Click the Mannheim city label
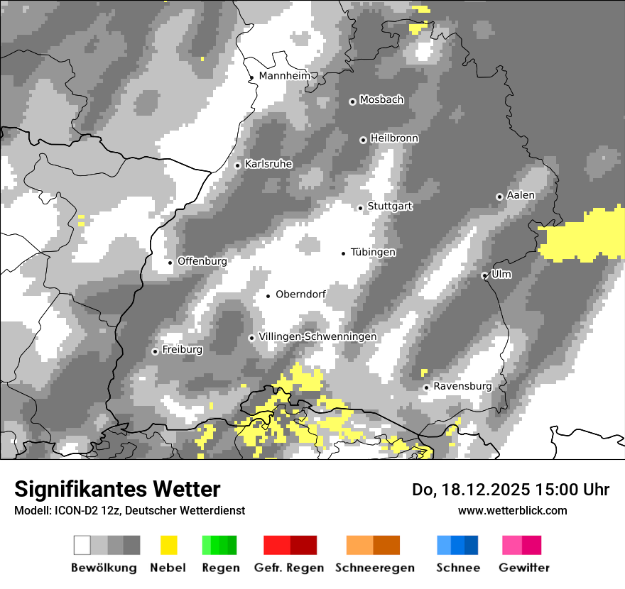click(x=285, y=76)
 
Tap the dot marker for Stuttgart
click(x=361, y=208)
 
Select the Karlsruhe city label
click(x=268, y=164)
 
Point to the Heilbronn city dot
click(x=363, y=141)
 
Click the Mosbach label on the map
click(x=381, y=100)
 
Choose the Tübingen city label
click(x=373, y=252)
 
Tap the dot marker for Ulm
click(x=484, y=275)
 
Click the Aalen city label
click(x=521, y=195)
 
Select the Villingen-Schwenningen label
click(x=317, y=336)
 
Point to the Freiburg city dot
click(x=155, y=351)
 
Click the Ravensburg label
click(x=462, y=386)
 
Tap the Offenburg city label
click(x=202, y=261)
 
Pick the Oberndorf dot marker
click(x=268, y=296)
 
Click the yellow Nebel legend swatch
click(x=168, y=545)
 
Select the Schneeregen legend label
click(x=375, y=568)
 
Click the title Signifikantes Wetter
click(x=117, y=489)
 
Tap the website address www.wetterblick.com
click(x=513, y=510)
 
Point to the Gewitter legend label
click(x=524, y=568)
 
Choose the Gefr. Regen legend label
click(x=289, y=568)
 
